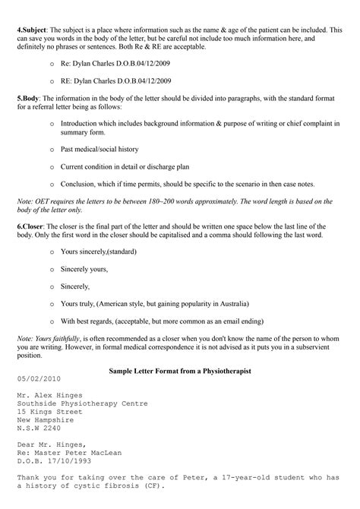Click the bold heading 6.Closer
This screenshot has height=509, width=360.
coord(33,226)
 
